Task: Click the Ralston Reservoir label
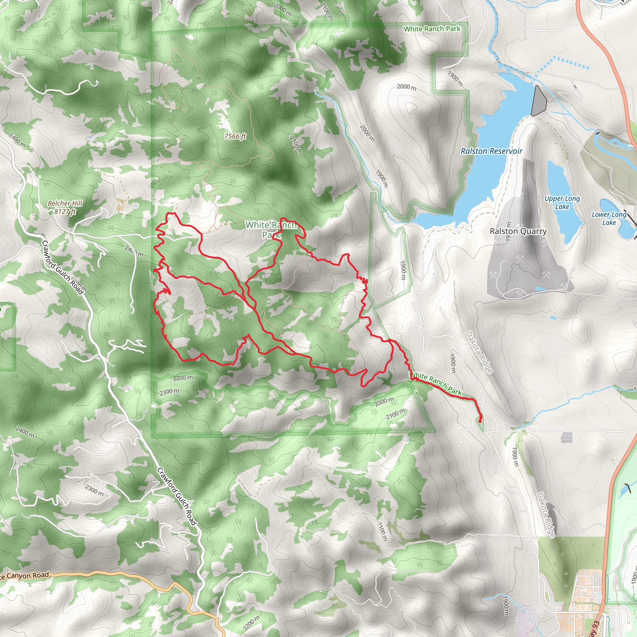coord(491,151)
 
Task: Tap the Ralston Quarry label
coord(518,231)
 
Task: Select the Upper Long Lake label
coord(562,202)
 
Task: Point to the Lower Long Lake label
coord(609,218)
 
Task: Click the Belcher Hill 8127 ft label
coord(65,207)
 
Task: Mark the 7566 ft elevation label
coord(235,136)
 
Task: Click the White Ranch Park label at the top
coord(432,29)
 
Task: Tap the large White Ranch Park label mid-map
coord(271,230)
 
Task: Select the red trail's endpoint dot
coord(480,421)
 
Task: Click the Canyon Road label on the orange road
coord(25,576)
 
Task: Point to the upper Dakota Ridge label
coord(479,352)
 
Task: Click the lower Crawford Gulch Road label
coord(177,496)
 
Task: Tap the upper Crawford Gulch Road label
coord(63,267)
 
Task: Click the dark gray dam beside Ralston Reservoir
coord(539,101)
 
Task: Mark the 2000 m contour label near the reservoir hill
coord(407,87)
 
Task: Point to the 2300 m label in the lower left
coord(94,490)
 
